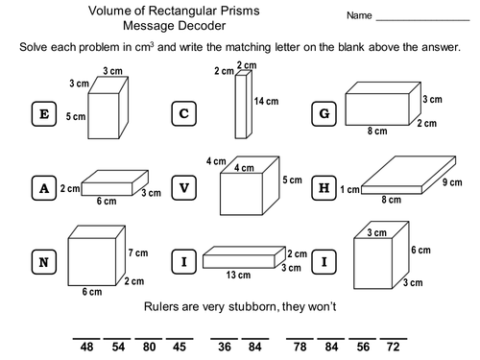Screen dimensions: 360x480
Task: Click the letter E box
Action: (41, 114)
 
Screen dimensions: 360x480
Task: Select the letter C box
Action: (184, 114)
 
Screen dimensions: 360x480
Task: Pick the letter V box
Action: (184, 188)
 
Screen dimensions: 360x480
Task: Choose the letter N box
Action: (41, 261)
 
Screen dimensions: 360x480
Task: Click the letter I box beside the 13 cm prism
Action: (184, 261)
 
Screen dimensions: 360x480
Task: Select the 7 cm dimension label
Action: (139, 252)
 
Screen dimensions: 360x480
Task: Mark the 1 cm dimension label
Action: (349, 190)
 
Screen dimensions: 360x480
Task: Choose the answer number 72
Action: (393, 348)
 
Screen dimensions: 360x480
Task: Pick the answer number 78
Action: (300, 348)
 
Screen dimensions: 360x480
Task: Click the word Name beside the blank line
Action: (359, 16)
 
